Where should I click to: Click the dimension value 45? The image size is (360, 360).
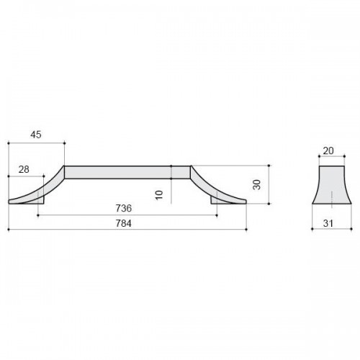point(36,135)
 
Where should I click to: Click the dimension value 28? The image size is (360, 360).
point(24,169)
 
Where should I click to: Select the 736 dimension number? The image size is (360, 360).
point(124,208)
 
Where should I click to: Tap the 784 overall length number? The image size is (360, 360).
point(124,223)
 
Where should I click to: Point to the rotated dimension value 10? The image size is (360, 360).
point(159,195)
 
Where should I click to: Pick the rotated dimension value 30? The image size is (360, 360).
point(257,184)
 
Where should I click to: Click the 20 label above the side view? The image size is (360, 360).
point(328,150)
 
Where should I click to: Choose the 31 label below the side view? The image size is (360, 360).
point(328,223)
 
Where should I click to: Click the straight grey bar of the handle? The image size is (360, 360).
point(127,172)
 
